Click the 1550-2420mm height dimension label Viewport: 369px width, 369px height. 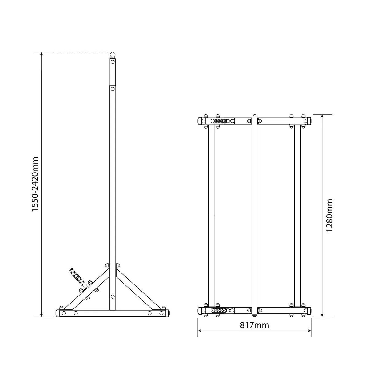(35, 184)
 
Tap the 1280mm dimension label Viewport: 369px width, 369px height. (330, 215)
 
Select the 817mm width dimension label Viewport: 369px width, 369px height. (254, 325)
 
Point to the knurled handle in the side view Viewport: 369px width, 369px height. (77, 277)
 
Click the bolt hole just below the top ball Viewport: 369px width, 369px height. (113, 62)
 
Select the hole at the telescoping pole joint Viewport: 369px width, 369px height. (113, 89)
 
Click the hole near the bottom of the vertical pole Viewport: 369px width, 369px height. (113, 296)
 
